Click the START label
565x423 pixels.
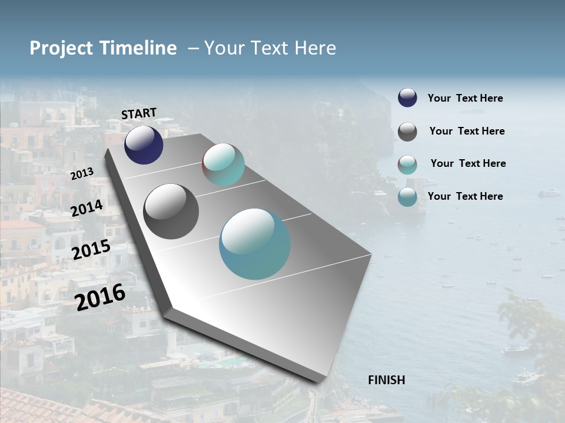pyautogui.click(x=139, y=113)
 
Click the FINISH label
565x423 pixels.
pyautogui.click(x=386, y=380)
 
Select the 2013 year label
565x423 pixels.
pyautogui.click(x=82, y=174)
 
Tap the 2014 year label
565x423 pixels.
pyautogui.click(x=87, y=209)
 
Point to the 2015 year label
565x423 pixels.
pyautogui.click(x=91, y=250)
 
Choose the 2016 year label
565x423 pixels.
pyautogui.click(x=101, y=297)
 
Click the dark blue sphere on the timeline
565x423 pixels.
pyautogui.click(x=144, y=145)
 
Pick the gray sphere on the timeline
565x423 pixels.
pyautogui.click(x=171, y=211)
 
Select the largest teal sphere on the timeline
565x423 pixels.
pyautogui.click(x=254, y=244)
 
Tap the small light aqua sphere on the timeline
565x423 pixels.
pyautogui.click(x=223, y=164)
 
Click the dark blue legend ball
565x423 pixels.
pyautogui.click(x=407, y=98)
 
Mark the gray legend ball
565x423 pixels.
pyautogui.click(x=407, y=132)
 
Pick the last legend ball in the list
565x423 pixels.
pyautogui.click(x=407, y=197)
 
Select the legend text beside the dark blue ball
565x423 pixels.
pyautogui.click(x=465, y=99)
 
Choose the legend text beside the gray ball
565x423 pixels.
pyautogui.click(x=467, y=131)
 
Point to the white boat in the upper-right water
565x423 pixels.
pyautogui.click(x=549, y=193)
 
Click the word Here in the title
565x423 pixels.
pyautogui.click(x=315, y=48)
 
